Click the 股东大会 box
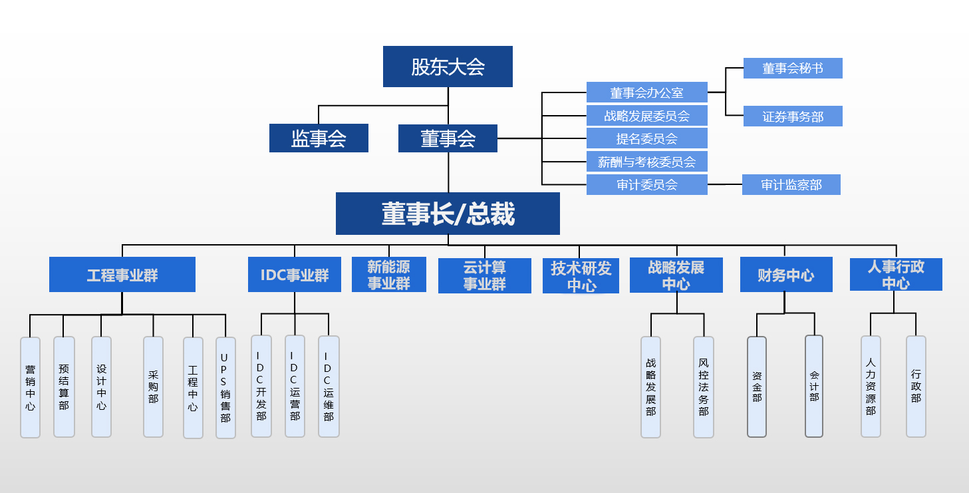click(x=448, y=67)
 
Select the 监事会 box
click(x=319, y=138)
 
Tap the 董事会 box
click(x=448, y=138)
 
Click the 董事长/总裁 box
click(x=448, y=214)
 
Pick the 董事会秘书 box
click(x=793, y=69)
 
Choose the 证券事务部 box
click(x=793, y=116)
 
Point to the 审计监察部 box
click(x=791, y=184)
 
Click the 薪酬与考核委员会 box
click(x=646, y=162)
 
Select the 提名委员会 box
click(x=646, y=138)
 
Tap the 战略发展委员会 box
click(x=646, y=116)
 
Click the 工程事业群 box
click(x=122, y=275)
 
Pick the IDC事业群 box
click(x=295, y=275)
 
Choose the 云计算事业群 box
click(x=485, y=275)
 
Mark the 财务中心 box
click(x=786, y=275)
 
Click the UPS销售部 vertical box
click(x=225, y=388)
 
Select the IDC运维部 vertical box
click(x=329, y=387)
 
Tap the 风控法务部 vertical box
click(x=704, y=387)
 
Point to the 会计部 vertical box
click(x=814, y=386)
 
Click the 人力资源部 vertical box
click(x=871, y=386)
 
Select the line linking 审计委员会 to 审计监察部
click(x=725, y=184)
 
